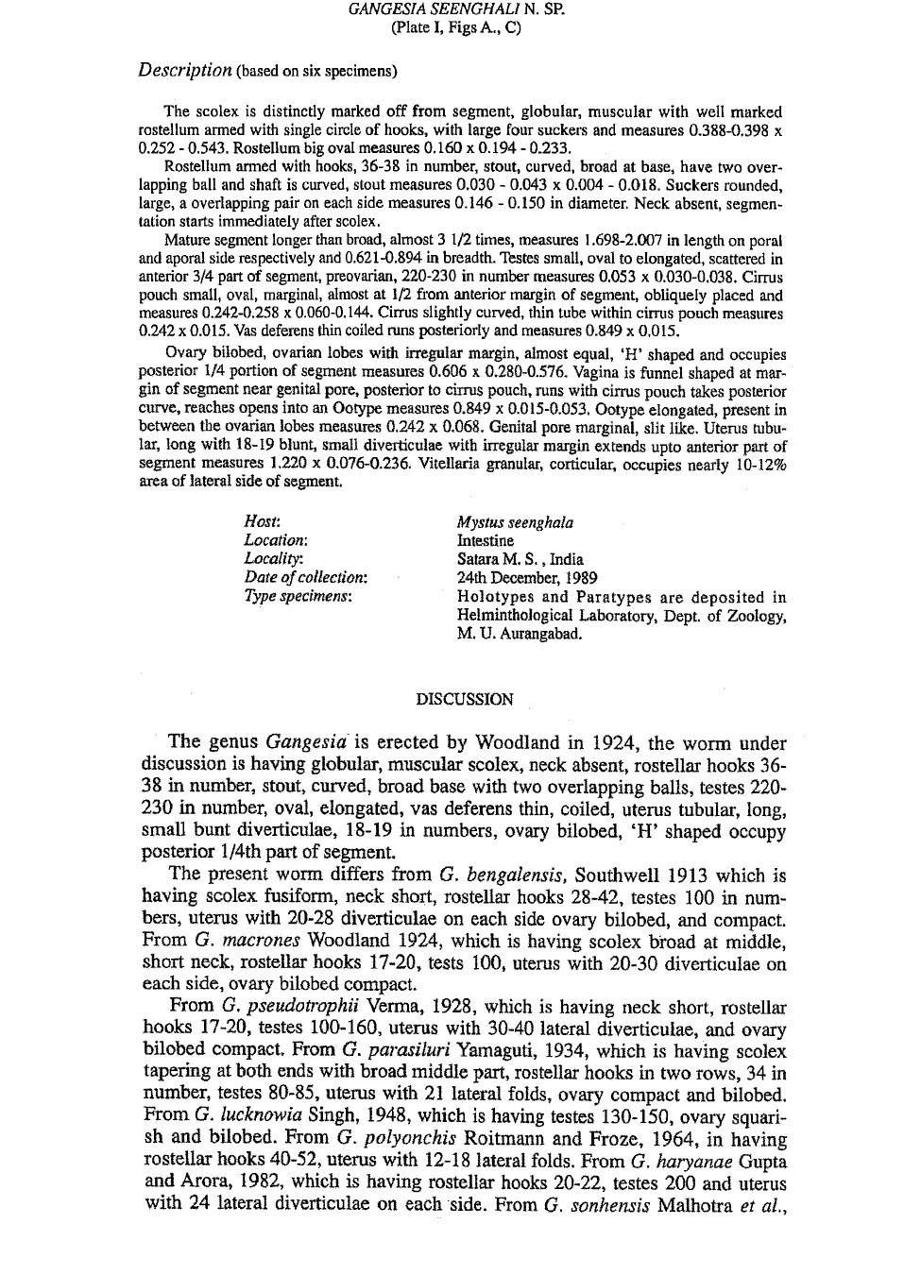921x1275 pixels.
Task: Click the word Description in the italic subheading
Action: click(185, 70)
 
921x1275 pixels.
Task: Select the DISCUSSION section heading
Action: click(465, 700)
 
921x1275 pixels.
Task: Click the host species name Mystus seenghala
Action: click(515, 522)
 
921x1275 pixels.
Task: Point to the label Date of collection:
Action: click(306, 577)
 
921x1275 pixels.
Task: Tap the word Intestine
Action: click(486, 541)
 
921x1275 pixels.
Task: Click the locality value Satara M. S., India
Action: click(520, 559)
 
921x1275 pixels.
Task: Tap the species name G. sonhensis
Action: click(597, 1204)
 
